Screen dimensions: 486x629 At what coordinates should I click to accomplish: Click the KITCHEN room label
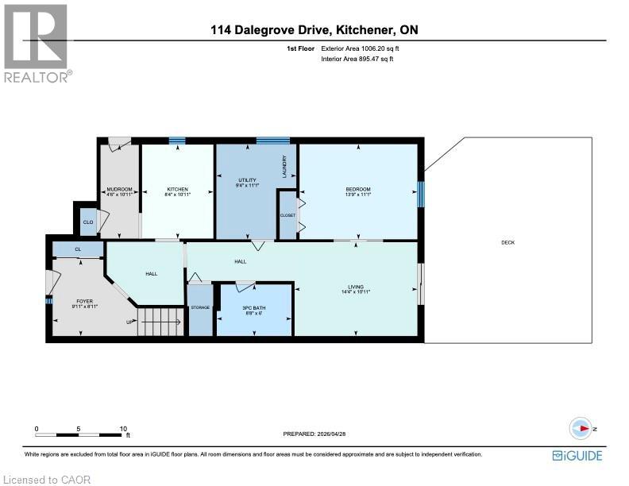(176, 189)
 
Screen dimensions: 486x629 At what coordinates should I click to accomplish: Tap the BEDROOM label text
(358, 189)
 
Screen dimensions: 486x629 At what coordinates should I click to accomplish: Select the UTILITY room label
(247, 180)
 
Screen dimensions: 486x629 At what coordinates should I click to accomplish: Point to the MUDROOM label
(119, 189)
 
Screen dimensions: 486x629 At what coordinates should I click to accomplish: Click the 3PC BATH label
(254, 307)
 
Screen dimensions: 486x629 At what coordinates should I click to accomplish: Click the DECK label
(507, 242)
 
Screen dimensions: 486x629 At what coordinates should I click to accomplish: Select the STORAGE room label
(199, 307)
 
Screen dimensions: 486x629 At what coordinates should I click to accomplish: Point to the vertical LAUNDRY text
(284, 164)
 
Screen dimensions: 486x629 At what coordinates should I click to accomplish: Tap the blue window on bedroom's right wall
(421, 193)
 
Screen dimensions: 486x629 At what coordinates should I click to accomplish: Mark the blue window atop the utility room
(272, 141)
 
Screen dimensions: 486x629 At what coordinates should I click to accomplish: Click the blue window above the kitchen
(176, 141)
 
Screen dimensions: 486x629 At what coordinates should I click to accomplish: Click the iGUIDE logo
(577, 455)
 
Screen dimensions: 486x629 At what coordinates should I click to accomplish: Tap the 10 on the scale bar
(123, 429)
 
